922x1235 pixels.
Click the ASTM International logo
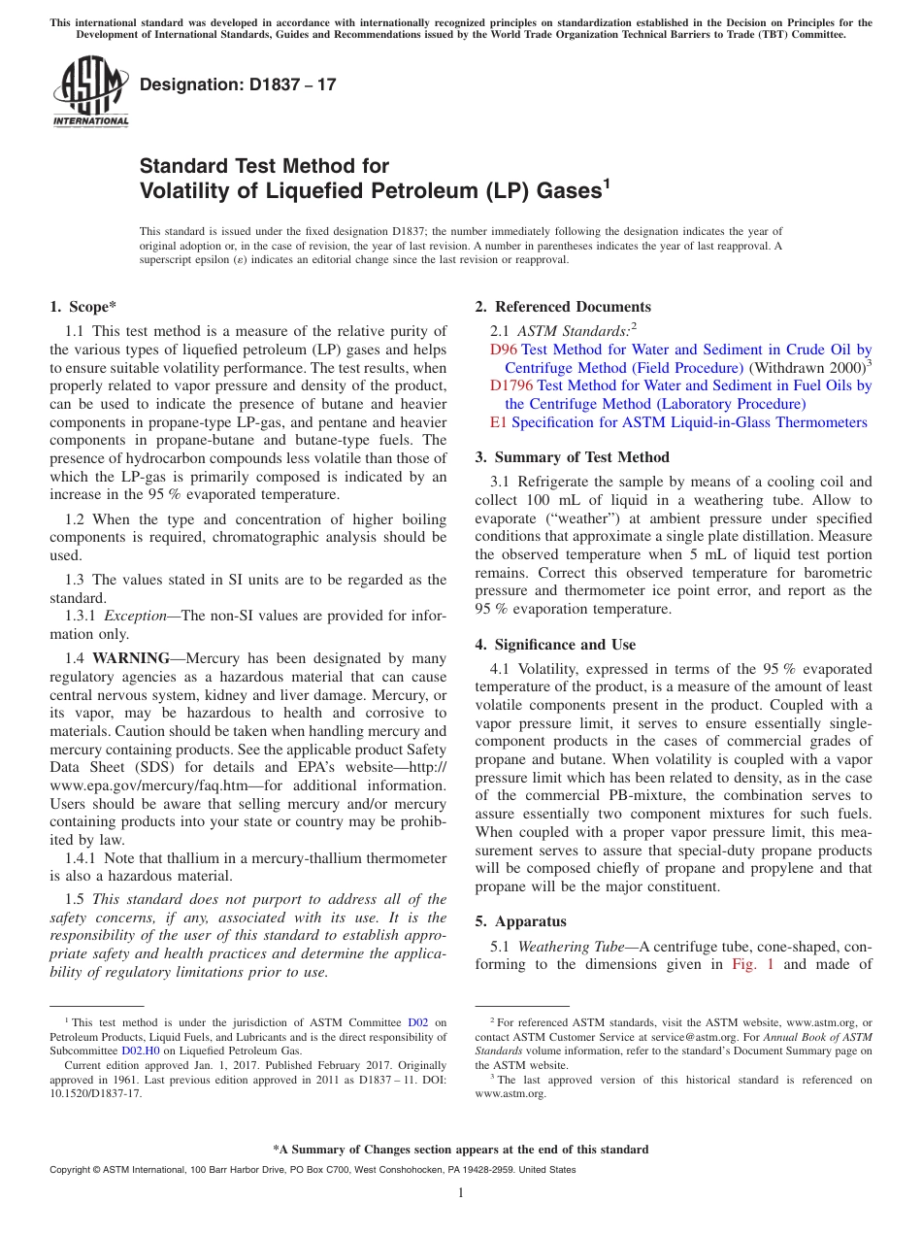tap(89, 93)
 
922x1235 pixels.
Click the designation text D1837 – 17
tap(238, 84)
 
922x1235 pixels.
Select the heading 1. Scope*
tap(83, 307)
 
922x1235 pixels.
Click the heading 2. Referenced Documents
tap(563, 307)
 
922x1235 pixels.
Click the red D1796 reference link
tap(511, 385)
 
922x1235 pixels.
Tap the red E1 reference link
tap(498, 422)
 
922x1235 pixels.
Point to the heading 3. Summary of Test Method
tap(572, 457)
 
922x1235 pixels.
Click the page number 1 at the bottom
tap(461, 1193)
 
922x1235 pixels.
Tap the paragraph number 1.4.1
tap(82, 858)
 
